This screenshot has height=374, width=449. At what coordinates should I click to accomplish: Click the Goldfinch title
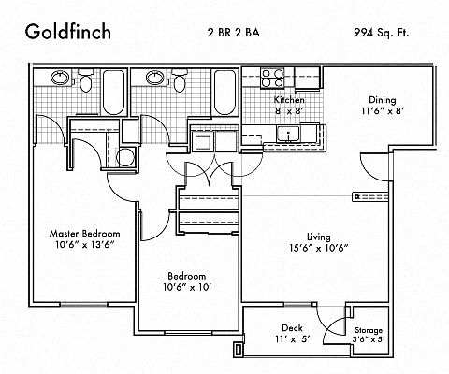[x=68, y=32]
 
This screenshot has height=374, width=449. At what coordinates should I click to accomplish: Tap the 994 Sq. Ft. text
[x=381, y=33]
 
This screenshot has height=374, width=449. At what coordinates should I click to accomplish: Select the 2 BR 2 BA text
[x=234, y=33]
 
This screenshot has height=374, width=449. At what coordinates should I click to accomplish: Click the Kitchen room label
[x=289, y=100]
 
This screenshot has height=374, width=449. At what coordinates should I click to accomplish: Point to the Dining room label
[x=383, y=100]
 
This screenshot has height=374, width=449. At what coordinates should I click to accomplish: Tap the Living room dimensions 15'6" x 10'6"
[x=318, y=248]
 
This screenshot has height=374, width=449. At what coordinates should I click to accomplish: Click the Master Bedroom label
[x=84, y=234]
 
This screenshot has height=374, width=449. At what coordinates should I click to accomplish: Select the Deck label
[x=292, y=328]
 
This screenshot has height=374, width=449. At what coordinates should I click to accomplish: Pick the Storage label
[x=369, y=330]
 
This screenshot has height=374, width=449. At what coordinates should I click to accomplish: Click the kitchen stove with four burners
[x=273, y=78]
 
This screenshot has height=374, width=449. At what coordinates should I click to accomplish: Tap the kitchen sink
[x=289, y=134]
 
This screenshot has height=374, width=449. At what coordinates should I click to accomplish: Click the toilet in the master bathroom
[x=85, y=80]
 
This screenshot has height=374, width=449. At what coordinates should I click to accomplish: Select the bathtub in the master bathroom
[x=113, y=93]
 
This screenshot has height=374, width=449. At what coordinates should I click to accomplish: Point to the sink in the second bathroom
[x=155, y=78]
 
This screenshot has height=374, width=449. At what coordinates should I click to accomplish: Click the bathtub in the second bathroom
[x=224, y=93]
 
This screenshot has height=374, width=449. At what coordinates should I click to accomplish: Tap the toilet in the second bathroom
[x=180, y=80]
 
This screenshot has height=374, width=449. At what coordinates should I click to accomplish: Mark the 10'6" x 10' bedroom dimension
[x=187, y=287]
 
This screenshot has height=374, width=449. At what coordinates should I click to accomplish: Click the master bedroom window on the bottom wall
[x=84, y=305]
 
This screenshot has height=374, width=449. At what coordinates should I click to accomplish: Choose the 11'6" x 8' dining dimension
[x=383, y=111]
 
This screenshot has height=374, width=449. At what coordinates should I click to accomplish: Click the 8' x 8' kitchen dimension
[x=289, y=111]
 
